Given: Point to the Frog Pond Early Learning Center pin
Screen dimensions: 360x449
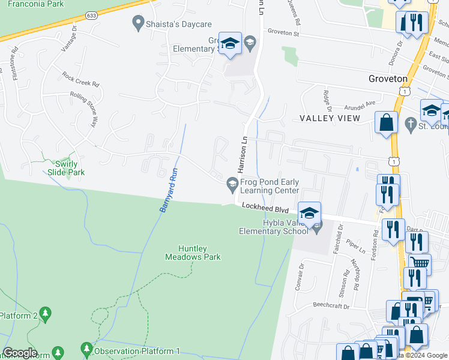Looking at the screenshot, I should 232,184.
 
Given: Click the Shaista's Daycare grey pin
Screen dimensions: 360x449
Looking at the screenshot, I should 137,25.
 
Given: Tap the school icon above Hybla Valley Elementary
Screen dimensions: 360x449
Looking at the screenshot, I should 309,213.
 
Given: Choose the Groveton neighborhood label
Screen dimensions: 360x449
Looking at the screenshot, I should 387,79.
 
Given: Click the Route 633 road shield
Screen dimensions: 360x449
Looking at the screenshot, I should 91,15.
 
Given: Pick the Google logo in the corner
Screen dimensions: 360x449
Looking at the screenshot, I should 20,353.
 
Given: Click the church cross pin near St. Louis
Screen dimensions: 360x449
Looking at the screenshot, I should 411,125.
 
